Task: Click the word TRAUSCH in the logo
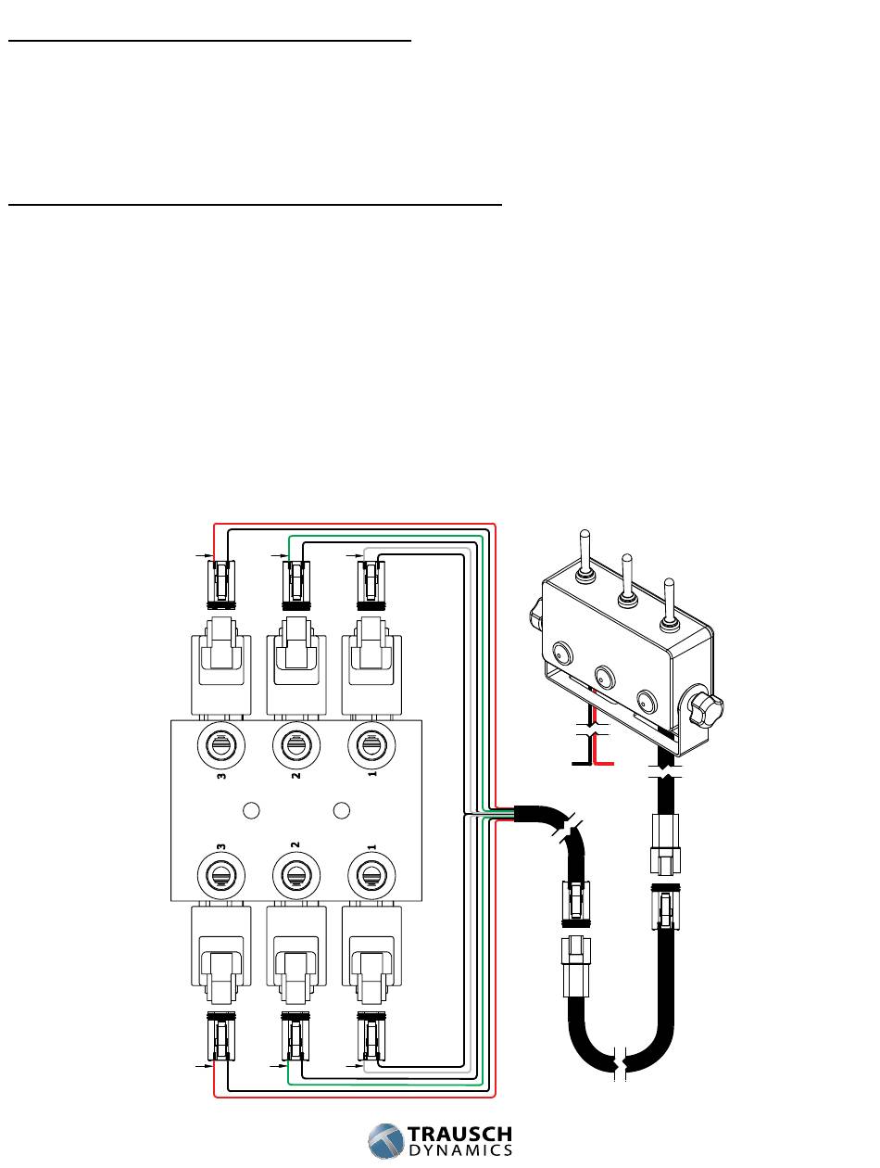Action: coord(459,1135)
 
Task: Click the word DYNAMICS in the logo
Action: coord(459,1150)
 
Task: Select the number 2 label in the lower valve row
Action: coord(295,846)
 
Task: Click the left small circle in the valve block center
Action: coord(248,810)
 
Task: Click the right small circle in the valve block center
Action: coord(341,810)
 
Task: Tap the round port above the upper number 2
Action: coord(295,743)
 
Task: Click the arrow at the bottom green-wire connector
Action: coord(275,1067)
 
